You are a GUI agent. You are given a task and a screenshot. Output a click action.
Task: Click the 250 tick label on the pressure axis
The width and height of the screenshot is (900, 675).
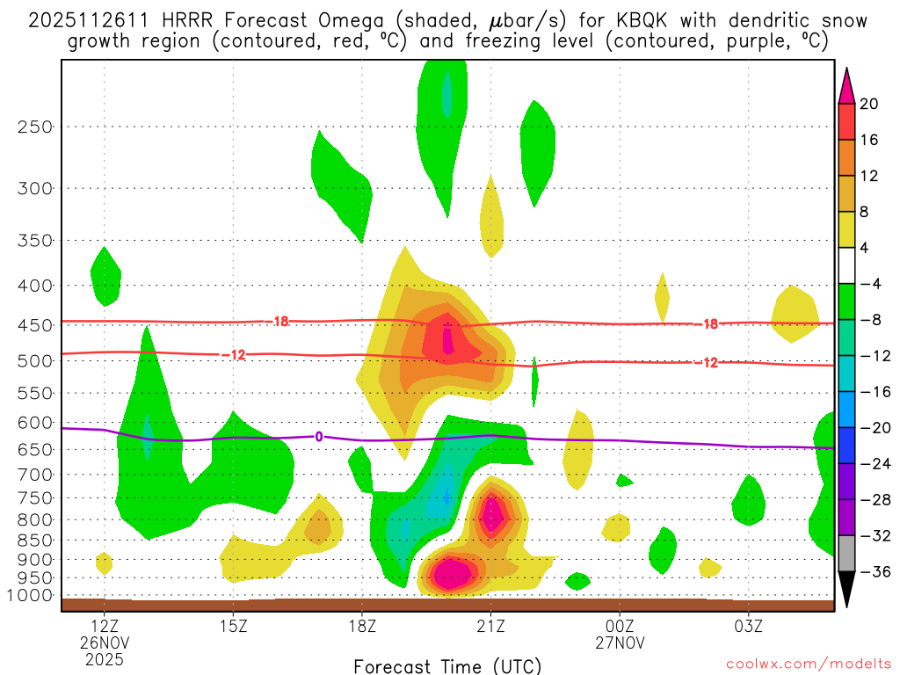(36, 127)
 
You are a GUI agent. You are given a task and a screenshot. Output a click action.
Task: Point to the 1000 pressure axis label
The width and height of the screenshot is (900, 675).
(33, 595)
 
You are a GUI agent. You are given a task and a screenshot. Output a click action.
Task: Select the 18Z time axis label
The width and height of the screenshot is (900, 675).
(362, 628)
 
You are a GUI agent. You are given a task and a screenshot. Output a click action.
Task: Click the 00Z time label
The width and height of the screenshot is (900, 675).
(620, 628)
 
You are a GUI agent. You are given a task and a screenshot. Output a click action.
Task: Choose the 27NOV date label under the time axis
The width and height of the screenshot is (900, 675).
(620, 643)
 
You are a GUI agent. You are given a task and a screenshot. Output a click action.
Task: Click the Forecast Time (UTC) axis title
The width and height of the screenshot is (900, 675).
(448, 665)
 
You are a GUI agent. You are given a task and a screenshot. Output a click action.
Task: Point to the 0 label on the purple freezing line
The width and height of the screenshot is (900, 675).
(319, 436)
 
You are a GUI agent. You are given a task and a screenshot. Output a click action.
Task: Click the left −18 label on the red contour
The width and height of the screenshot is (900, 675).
(279, 322)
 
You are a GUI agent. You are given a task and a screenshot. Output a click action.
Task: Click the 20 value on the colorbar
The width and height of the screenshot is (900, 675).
(868, 104)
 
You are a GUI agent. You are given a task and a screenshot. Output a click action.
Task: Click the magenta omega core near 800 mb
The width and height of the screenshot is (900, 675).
(493, 513)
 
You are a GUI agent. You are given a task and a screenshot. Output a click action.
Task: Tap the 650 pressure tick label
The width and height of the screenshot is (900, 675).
(36, 449)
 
